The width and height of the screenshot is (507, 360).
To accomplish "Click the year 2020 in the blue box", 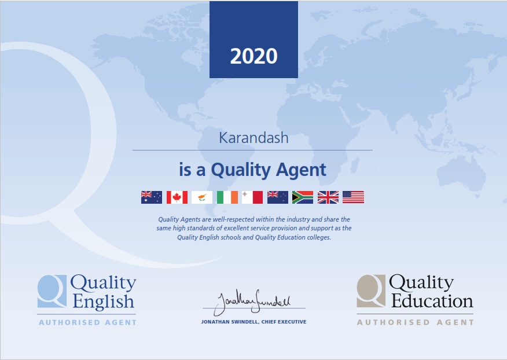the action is point(254,56).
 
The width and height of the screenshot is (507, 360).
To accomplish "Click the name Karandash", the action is point(253,138).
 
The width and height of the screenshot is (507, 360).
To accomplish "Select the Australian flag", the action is point(151,197).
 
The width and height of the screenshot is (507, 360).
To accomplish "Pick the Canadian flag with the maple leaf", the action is point(177,197).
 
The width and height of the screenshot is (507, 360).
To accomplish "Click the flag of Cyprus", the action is point(202,197).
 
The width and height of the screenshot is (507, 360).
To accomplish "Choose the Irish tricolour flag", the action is point(227,197).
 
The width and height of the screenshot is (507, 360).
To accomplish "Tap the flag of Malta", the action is point(252,197).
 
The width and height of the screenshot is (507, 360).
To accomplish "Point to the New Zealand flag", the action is point(278,197).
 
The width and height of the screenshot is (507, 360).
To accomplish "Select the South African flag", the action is point(303,197).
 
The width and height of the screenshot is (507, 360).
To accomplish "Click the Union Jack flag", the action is point(328,197).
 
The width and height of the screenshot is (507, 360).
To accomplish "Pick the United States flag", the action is point(354,197).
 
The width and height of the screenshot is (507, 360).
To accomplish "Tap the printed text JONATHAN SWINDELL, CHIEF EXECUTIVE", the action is point(254,322).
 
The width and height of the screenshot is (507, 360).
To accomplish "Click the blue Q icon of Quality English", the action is point(52,291).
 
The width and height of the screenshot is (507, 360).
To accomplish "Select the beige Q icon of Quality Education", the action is point(371,291).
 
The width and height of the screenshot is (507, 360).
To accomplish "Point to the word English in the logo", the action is point(103,302).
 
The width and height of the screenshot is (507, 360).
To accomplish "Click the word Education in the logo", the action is point(432,301).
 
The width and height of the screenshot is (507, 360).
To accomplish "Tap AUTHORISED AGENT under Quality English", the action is point(87,322).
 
